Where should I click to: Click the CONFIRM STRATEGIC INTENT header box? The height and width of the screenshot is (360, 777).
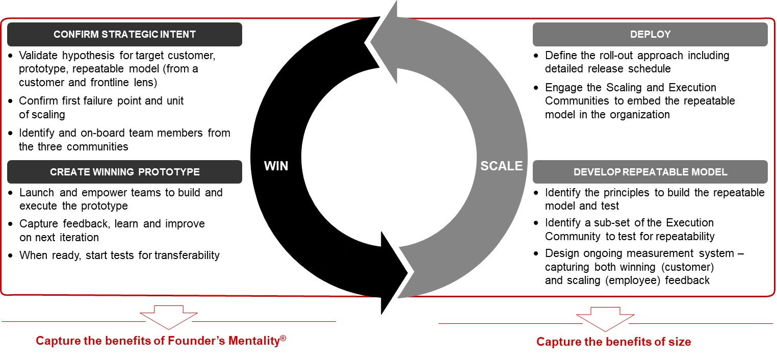click(124, 35)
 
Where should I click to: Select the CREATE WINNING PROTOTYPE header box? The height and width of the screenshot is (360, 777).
click(124, 172)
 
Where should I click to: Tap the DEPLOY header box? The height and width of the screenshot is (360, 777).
click(650, 35)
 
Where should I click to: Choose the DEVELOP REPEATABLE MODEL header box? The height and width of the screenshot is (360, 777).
click(650, 172)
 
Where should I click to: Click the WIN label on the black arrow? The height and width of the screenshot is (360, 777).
click(276, 166)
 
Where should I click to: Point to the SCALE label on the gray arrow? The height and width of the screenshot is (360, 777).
click(501, 166)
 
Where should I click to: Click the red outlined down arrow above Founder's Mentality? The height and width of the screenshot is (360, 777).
click(168, 317)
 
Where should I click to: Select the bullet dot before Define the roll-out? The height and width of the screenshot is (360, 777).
click(536, 56)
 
